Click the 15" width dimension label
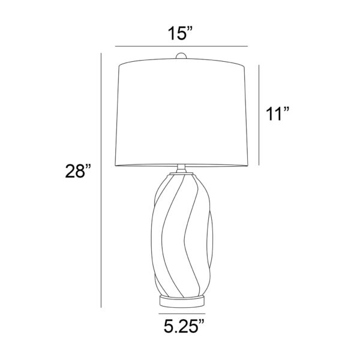point(179,34)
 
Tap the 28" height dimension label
point(78,171)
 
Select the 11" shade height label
point(277,113)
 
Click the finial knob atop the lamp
point(181,56)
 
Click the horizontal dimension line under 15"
point(181,46)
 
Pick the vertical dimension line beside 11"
point(259,115)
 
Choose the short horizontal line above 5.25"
point(182,313)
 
